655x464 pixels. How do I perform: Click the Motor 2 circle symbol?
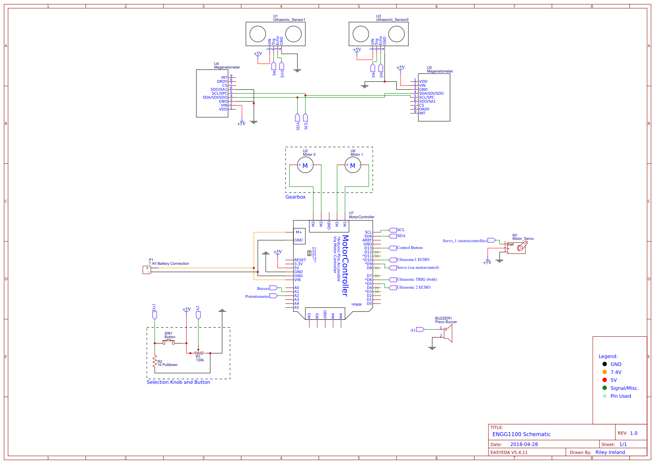305,165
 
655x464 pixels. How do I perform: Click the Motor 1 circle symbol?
353,165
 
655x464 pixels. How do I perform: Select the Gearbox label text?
295,197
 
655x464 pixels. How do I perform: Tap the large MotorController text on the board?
345,265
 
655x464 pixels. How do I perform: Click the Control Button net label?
410,248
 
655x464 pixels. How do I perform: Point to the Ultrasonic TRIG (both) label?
417,280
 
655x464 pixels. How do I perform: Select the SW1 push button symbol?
169,342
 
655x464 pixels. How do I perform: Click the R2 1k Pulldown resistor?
155,361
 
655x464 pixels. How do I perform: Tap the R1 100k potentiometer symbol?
198,353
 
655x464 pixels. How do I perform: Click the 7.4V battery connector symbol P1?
147,270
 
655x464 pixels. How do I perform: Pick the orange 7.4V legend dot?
604,372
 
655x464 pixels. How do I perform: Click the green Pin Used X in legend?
604,396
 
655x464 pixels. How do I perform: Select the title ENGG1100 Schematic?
521,434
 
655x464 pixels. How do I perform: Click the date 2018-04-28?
524,444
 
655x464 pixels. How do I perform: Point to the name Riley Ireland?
610,452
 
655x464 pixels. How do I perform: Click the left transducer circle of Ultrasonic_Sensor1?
258,34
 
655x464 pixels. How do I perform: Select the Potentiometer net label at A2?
257,296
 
